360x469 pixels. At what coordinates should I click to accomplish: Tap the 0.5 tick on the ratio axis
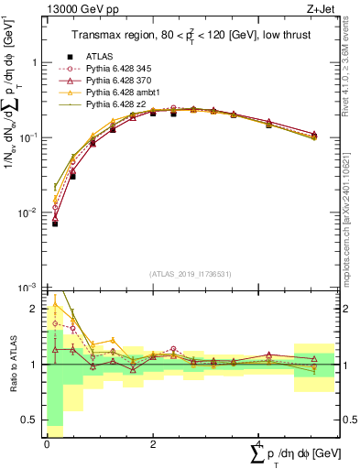(x=29, y=420)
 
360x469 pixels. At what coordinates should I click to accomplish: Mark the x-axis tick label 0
(x=47, y=443)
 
